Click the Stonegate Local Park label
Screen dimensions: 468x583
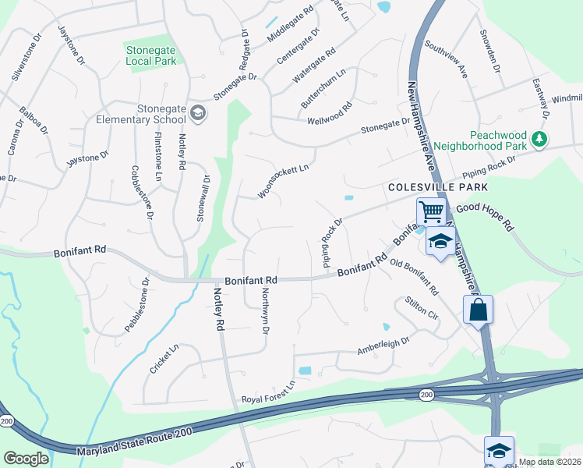[x=151, y=55]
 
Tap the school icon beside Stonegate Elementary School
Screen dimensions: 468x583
[x=198, y=114]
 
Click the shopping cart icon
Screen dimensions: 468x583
[x=430, y=211]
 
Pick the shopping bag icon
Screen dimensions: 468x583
[x=478, y=309]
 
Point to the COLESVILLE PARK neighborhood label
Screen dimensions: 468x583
[x=438, y=188]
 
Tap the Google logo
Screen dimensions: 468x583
[x=26, y=459]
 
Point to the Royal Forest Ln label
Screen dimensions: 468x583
[x=270, y=394]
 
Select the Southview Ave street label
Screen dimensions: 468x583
[x=446, y=59]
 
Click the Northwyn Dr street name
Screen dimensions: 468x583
[x=265, y=311]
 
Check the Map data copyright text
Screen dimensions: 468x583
[x=550, y=462]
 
